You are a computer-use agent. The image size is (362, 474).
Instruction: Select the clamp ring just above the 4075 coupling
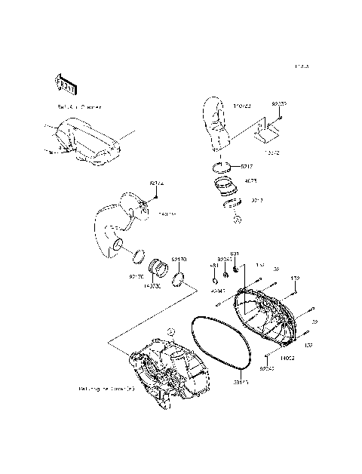pos(222,167)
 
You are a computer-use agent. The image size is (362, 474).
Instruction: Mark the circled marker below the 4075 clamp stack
pos(237,220)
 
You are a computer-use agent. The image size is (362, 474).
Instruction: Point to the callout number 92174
pos(156,183)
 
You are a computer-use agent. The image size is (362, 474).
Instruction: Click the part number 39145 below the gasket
pos(241,382)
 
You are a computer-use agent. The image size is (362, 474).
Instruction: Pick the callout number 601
pos(235,254)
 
